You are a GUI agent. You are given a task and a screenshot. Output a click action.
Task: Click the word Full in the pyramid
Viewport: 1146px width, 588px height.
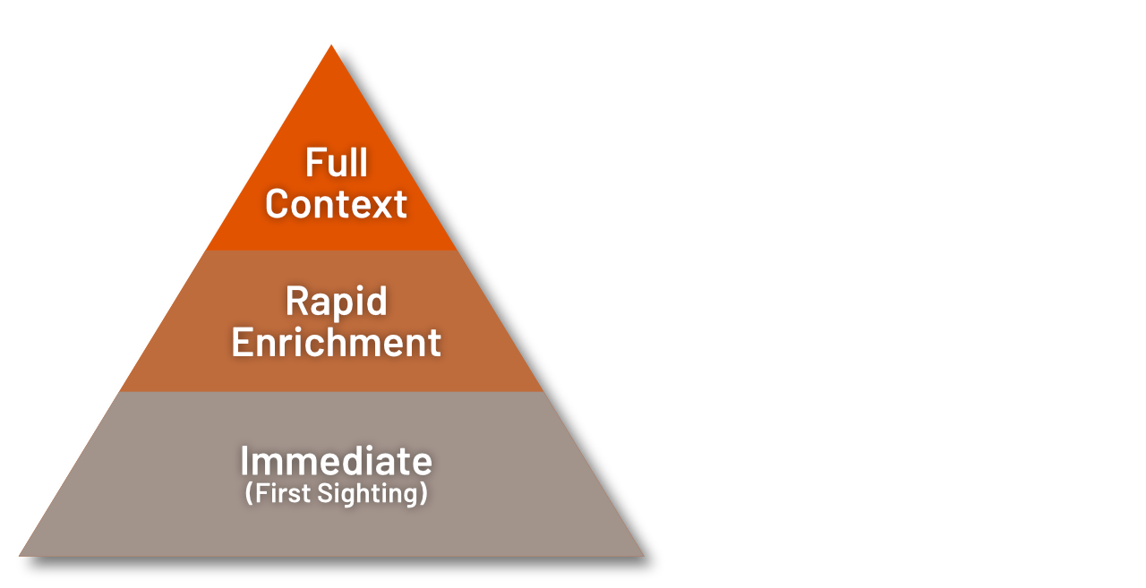pos(336,163)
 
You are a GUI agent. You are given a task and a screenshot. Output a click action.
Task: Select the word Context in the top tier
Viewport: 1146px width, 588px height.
pos(336,204)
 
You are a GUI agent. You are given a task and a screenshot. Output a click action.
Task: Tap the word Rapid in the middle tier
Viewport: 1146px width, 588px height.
pos(336,302)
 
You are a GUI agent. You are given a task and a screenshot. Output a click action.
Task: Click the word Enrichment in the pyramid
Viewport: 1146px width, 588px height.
pos(336,343)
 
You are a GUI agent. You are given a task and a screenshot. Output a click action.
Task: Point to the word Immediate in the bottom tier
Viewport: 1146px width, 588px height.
pos(336,462)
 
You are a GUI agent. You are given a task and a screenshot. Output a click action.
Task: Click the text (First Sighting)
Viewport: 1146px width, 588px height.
pos(336,493)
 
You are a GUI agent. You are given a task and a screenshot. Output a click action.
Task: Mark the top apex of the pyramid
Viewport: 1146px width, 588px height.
pos(331,45)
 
